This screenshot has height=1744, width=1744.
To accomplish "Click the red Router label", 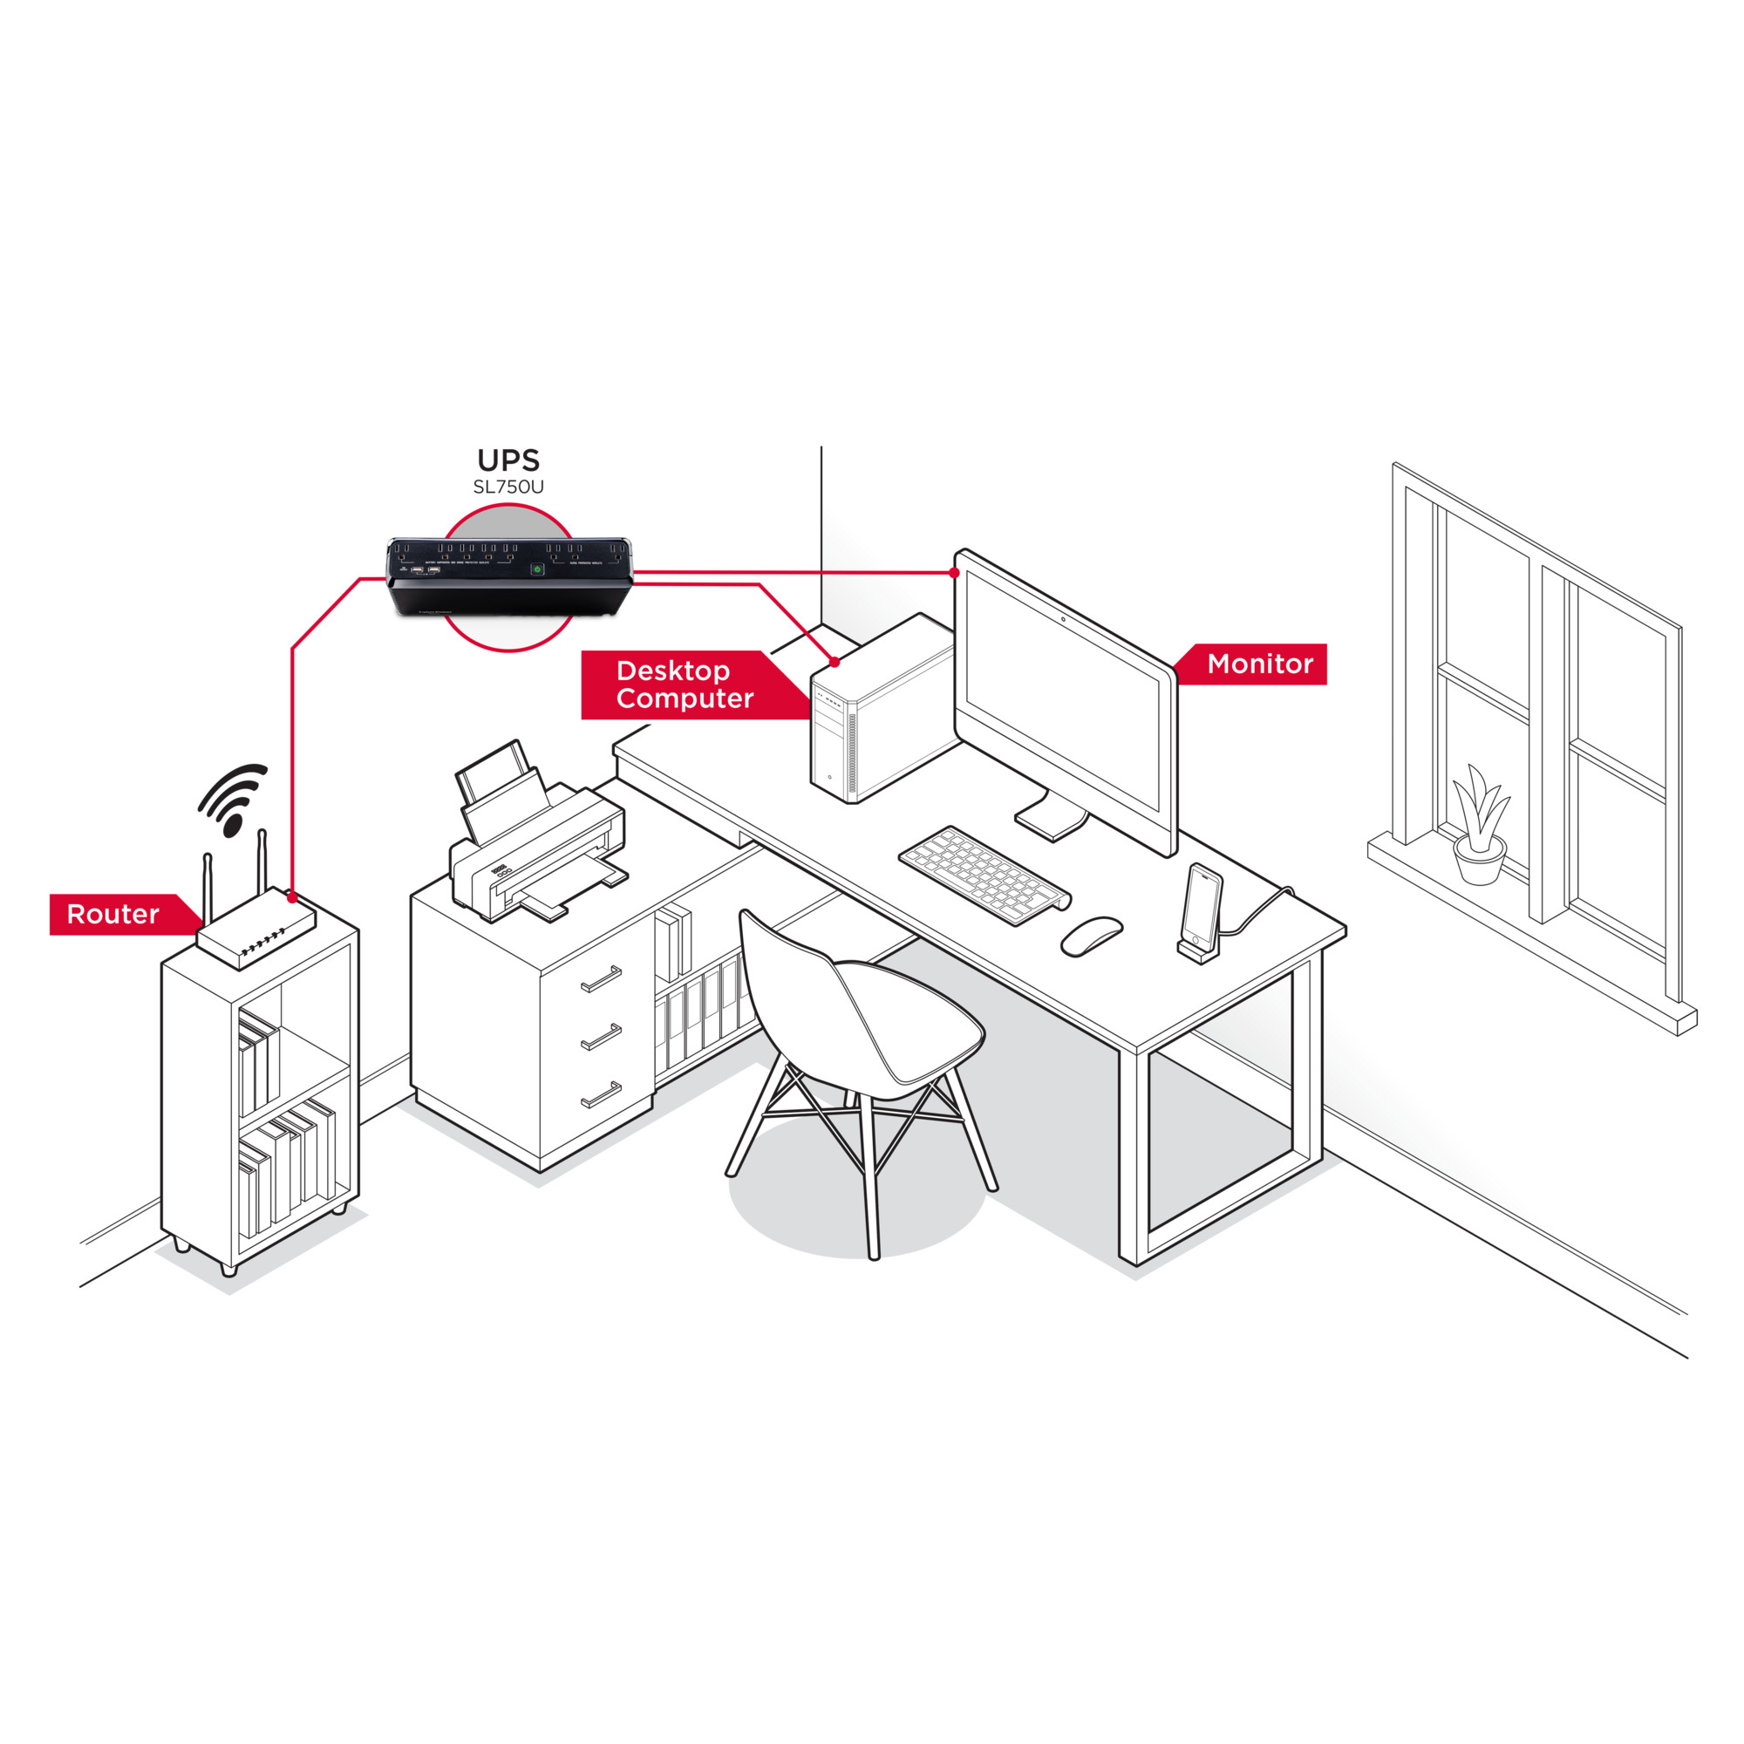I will tap(112, 915).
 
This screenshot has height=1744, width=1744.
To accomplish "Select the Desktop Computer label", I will tap(685, 685).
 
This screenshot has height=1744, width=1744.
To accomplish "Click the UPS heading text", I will tap(508, 460).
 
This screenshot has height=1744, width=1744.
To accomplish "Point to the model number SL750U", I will tap(508, 487).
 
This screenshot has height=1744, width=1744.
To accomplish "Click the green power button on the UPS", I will tap(536, 569).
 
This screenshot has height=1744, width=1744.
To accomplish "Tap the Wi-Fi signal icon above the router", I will tap(233, 798).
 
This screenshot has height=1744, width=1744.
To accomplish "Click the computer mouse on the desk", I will tap(1091, 935).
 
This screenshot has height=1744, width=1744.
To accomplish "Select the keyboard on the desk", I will tap(984, 875).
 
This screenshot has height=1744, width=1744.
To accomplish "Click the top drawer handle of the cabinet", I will tap(601, 978).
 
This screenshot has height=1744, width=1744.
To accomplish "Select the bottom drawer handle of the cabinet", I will tap(601, 1094).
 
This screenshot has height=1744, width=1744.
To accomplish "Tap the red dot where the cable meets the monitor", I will tap(954, 573).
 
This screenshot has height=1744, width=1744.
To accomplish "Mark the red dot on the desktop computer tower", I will tap(835, 663).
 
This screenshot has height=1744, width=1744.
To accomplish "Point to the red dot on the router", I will tap(291, 898).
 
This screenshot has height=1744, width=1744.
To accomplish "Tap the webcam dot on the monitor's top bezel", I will tap(1062, 619).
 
